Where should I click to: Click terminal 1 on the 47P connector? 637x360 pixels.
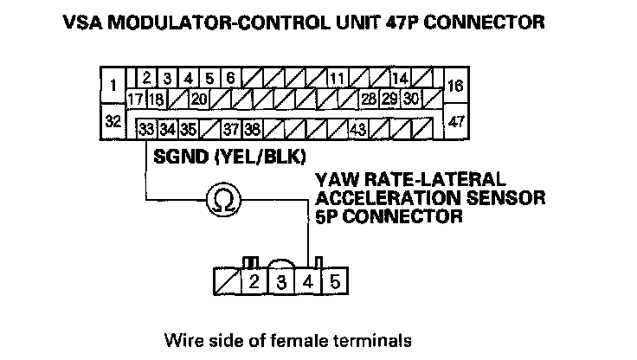point(113,86)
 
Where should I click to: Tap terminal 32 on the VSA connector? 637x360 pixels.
point(113,121)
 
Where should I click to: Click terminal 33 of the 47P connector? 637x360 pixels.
point(146,130)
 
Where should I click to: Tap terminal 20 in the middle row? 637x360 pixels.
point(198,99)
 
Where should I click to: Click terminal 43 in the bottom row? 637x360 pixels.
point(357,130)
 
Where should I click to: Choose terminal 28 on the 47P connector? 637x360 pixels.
point(369,99)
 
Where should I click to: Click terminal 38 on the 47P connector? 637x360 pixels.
point(252,130)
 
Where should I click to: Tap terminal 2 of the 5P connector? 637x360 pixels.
point(254,282)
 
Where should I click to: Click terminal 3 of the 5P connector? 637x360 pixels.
point(282,282)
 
